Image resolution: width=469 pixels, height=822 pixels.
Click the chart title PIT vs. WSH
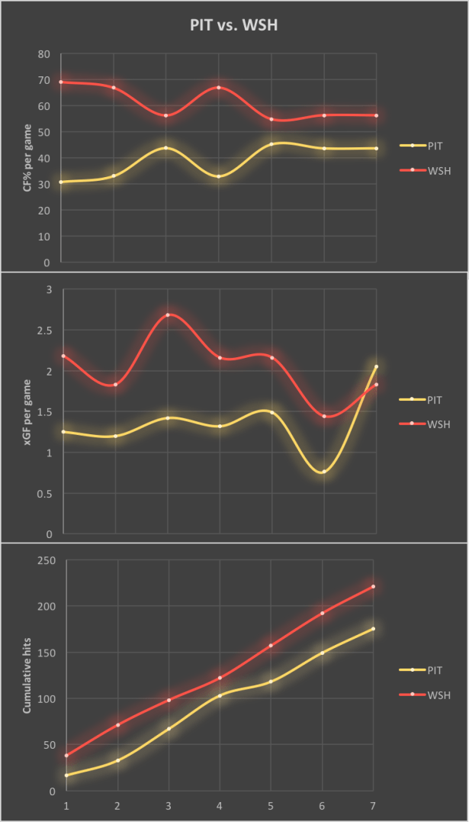pyautogui.click(x=234, y=25)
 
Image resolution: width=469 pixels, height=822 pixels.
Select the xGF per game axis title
pyautogui.click(x=27, y=412)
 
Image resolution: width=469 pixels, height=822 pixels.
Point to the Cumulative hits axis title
pyautogui.click(x=27, y=676)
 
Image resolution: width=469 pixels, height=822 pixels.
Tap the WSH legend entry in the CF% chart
pyautogui.click(x=438, y=170)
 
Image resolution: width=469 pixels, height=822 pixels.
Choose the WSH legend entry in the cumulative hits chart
pyautogui.click(x=438, y=695)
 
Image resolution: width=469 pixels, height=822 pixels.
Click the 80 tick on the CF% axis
pyautogui.click(x=43, y=54)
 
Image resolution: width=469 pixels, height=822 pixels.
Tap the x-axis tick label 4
pyautogui.click(x=220, y=805)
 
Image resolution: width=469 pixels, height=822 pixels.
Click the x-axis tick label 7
pyautogui.click(x=373, y=805)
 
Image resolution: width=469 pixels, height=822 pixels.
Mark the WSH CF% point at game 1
pyautogui.click(x=62, y=82)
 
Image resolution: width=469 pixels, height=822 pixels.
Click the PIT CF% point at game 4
pyautogui.click(x=219, y=176)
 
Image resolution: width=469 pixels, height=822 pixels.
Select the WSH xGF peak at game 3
pyautogui.click(x=167, y=314)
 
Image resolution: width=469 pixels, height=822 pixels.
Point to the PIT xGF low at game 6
pyautogui.click(x=324, y=472)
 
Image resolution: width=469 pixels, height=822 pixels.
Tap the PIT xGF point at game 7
pyautogui.click(x=376, y=366)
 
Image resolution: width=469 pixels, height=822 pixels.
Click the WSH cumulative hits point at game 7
pyautogui.click(x=373, y=586)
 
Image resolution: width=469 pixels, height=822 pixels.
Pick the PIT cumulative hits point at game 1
pyautogui.click(x=66, y=775)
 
